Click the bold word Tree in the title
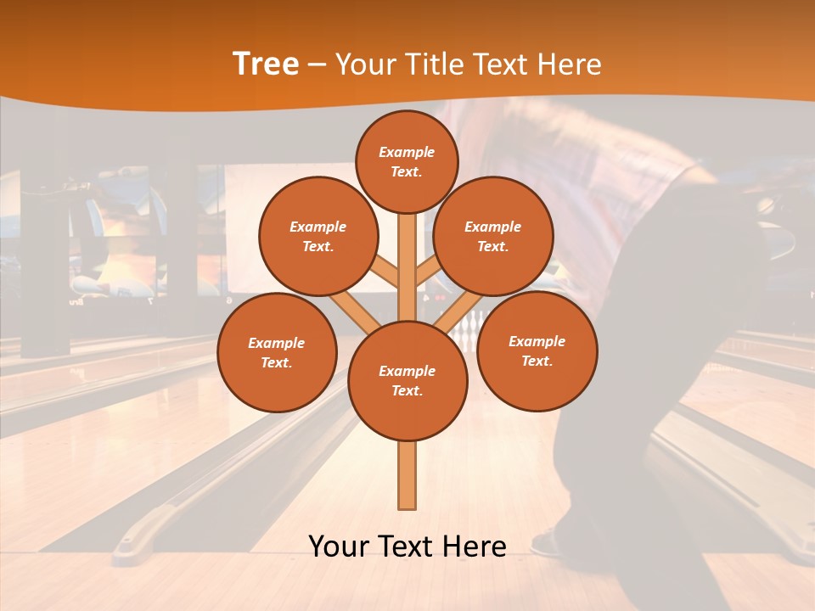266,64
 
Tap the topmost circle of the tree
407,161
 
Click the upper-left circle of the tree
318,237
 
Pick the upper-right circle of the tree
493,237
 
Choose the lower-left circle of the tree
277,352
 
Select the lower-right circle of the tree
537,350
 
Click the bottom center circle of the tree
407,381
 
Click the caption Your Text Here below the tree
407,547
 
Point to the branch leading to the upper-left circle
384,272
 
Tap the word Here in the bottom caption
472,547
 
